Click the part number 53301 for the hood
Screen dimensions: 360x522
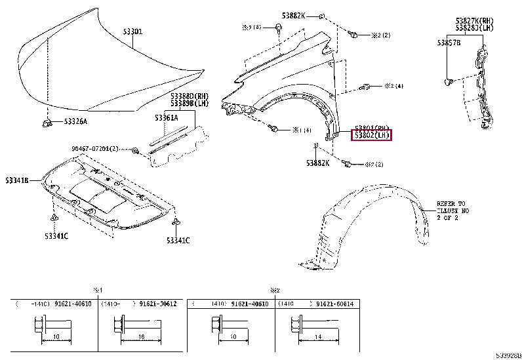click(x=133, y=31)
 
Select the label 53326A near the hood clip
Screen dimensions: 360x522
click(x=75, y=121)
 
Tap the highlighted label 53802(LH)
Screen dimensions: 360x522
click(x=372, y=136)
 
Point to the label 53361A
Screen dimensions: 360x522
click(x=166, y=117)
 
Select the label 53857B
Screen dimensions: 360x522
click(x=449, y=42)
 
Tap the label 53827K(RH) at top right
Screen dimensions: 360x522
click(x=475, y=21)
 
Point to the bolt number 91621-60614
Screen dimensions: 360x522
click(x=334, y=304)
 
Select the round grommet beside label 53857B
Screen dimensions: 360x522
click(x=449, y=81)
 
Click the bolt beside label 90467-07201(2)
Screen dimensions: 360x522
click(x=134, y=151)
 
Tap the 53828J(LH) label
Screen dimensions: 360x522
click(x=475, y=28)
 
